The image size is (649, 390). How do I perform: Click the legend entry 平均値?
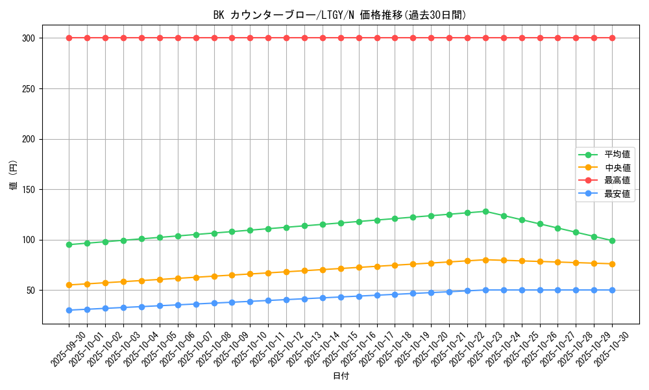coord(617,155)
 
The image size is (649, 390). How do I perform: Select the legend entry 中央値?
coord(617,168)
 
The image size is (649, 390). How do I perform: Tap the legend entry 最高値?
coord(617,181)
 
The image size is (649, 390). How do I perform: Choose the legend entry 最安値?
coord(617,194)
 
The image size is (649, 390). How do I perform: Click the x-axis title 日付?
coord(341,376)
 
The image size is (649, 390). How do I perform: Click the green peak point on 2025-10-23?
coord(485,211)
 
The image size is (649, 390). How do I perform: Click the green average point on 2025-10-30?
coord(612,240)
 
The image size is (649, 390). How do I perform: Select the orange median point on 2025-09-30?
coord(69,285)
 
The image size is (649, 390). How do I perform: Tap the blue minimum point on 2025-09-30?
coord(69,310)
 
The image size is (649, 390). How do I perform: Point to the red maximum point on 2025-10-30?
coord(612,38)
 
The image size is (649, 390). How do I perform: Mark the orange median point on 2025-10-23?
coord(485,260)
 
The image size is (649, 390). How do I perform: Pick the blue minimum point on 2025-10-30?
coord(612,290)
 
